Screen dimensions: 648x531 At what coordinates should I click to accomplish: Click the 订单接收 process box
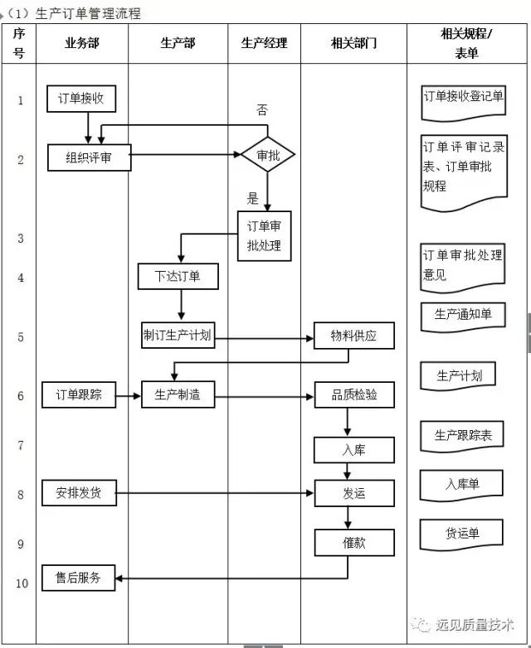(x=81, y=99)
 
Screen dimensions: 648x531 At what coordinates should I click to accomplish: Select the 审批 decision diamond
(x=267, y=155)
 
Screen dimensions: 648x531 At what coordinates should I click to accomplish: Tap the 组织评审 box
(x=89, y=157)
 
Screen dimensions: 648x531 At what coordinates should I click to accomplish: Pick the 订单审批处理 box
(x=265, y=236)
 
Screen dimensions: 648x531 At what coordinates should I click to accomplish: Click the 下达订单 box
(x=178, y=276)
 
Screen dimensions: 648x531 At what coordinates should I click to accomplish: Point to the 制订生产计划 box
(x=178, y=336)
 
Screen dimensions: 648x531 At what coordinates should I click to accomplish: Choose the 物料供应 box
(x=353, y=336)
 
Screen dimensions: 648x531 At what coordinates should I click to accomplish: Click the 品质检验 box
(x=353, y=395)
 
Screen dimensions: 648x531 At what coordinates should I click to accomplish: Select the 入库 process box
(x=353, y=450)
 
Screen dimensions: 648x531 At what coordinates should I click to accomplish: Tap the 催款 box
(x=353, y=543)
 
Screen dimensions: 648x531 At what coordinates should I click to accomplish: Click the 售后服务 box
(x=79, y=578)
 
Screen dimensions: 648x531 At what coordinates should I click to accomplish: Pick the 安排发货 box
(x=79, y=493)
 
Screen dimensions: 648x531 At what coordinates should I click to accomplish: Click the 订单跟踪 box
(x=79, y=394)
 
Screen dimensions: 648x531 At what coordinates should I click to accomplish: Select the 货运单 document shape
(x=462, y=533)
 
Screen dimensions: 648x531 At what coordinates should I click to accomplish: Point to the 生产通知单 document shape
(x=463, y=314)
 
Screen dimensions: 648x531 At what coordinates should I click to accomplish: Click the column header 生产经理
(x=264, y=42)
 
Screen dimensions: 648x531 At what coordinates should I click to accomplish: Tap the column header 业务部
(x=81, y=42)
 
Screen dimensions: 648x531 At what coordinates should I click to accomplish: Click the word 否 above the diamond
(x=262, y=109)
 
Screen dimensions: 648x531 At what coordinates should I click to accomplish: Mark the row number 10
(x=21, y=583)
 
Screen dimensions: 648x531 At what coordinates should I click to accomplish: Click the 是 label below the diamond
(x=253, y=198)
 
